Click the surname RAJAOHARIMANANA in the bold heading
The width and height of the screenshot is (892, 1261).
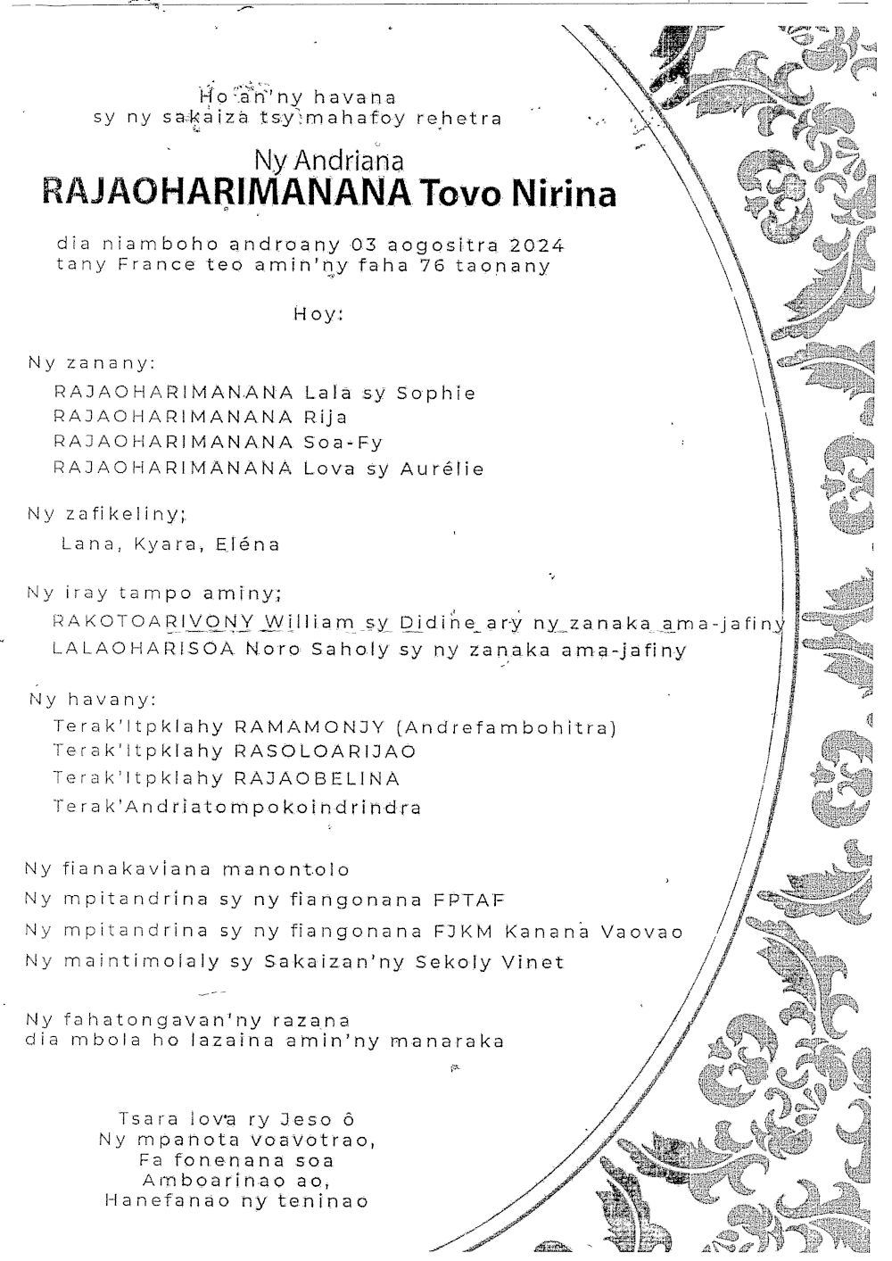(224, 194)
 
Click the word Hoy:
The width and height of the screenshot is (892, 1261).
(318, 314)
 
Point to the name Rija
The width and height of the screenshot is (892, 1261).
(326, 418)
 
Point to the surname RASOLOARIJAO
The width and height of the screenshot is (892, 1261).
(325, 752)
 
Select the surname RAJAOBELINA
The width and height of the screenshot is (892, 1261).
(317, 779)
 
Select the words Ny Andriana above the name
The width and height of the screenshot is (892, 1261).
(329, 161)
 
